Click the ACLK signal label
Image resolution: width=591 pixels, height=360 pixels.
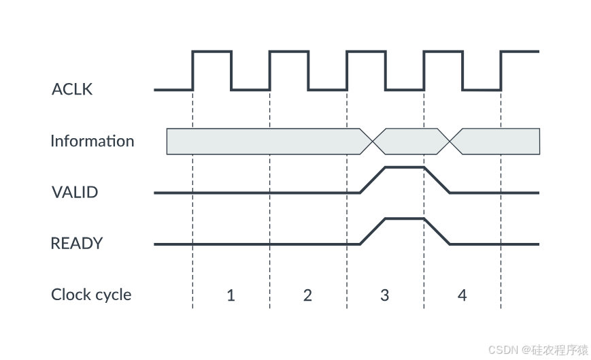(x=72, y=89)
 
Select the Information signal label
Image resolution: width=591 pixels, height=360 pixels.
(x=92, y=142)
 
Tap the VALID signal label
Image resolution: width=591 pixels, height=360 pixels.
(x=75, y=193)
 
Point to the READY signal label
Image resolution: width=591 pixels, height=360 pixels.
(x=77, y=244)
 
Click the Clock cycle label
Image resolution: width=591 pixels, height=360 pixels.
(x=91, y=295)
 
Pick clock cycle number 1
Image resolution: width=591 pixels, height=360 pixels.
(x=231, y=296)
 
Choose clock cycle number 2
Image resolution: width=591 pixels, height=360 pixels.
(x=307, y=296)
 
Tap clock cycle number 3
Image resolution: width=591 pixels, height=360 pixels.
(x=385, y=296)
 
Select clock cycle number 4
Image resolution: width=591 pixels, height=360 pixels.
(x=462, y=296)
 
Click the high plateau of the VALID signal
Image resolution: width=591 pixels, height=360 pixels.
(x=405, y=167)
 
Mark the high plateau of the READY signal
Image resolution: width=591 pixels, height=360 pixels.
(x=405, y=218)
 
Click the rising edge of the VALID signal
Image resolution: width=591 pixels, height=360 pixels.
(x=373, y=180)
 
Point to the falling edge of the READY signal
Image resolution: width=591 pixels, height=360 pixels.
(x=437, y=231)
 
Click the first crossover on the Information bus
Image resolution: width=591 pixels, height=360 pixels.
(x=373, y=142)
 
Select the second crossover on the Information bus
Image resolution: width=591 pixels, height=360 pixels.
(x=450, y=142)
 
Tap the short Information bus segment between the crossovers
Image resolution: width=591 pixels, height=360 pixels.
(x=411, y=142)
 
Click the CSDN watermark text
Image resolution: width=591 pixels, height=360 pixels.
(x=537, y=349)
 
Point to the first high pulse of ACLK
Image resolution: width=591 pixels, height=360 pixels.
(x=212, y=51)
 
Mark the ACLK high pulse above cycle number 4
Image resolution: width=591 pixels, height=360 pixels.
(x=443, y=51)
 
